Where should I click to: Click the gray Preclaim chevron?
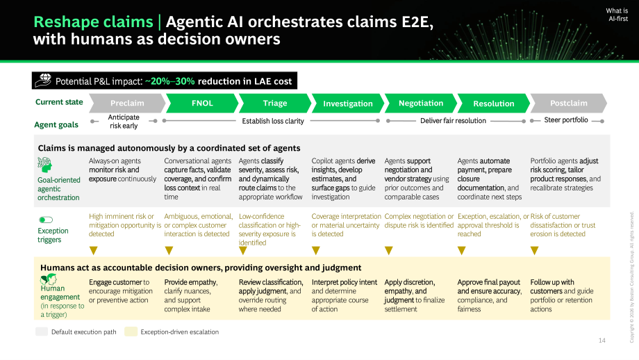127,103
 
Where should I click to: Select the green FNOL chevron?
202,103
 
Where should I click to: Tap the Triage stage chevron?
275,103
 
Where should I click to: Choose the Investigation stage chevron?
348,103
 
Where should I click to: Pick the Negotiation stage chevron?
421,103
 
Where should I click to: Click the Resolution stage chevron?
494,103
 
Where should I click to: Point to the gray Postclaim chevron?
568,103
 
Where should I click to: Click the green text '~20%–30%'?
170,81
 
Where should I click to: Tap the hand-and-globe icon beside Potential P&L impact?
43,81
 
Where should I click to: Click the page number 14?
602,341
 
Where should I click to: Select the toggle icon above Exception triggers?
46,220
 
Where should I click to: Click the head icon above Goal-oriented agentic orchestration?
44,165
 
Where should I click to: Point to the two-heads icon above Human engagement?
48,279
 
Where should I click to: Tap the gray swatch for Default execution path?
42,332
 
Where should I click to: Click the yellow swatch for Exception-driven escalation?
131,332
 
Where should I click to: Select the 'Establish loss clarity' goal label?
273,121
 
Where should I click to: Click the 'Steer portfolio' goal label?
566,120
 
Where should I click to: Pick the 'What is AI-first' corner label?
617,15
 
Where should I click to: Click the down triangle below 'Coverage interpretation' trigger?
316,250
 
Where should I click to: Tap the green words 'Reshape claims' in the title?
93,22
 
